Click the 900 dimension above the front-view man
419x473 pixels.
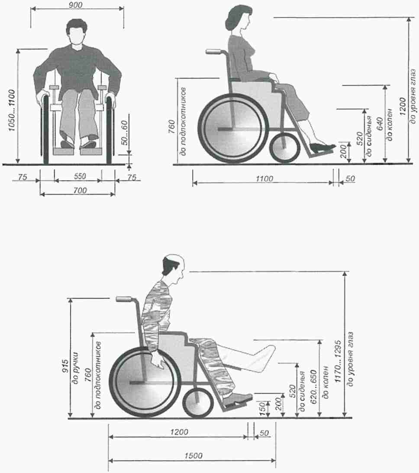(75, 5)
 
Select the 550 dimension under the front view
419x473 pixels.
(80, 176)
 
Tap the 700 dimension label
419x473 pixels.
(80, 190)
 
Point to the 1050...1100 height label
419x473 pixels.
(12, 110)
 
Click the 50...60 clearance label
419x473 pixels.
(124, 133)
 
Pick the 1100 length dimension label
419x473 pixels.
(264, 179)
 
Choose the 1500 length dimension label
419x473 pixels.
(193, 456)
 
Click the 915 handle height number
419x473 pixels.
(65, 366)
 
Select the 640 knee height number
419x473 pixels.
(380, 124)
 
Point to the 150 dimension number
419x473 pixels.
(262, 408)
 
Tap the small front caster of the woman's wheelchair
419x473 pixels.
(285, 148)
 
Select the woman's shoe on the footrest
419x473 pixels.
(322, 147)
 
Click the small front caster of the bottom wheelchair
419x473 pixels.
(198, 403)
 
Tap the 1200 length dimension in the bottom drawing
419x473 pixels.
(179, 432)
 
